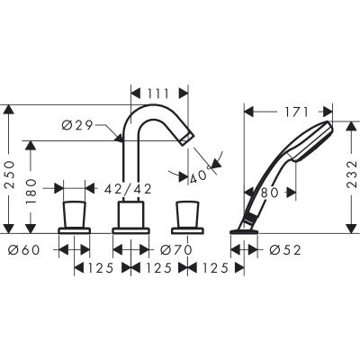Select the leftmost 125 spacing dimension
[x=101, y=269]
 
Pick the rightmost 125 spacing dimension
[x=212, y=269]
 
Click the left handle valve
[x=75, y=216]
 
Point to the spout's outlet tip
[x=186, y=137]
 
